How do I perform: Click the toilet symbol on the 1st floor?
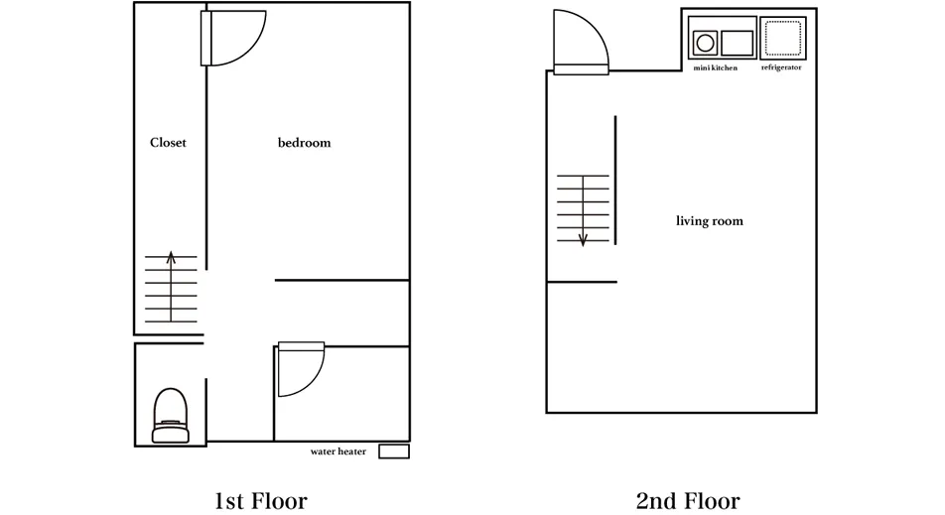click(x=171, y=416)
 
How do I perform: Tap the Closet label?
click(x=168, y=143)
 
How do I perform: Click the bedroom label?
click(x=305, y=143)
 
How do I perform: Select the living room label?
click(x=710, y=221)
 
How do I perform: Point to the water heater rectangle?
click(x=394, y=451)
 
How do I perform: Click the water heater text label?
click(x=338, y=451)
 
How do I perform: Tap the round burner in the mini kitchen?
click(x=705, y=43)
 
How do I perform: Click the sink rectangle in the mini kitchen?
click(x=738, y=43)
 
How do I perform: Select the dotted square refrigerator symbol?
click(x=783, y=38)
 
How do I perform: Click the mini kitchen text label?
click(x=716, y=68)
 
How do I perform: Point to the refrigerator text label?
click(x=781, y=67)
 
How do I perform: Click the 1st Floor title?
click(x=261, y=500)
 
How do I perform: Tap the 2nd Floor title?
click(x=688, y=500)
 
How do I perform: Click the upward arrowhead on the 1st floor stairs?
click(x=171, y=257)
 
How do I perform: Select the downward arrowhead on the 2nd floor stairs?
click(x=583, y=240)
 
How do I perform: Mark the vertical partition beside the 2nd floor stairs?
click(x=615, y=181)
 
